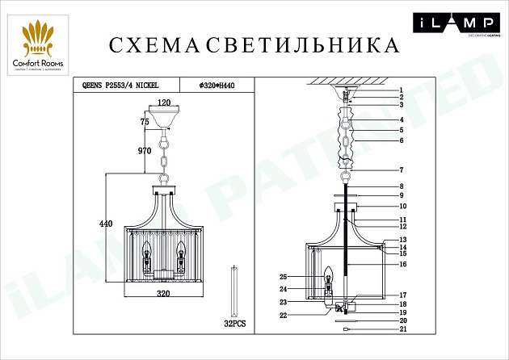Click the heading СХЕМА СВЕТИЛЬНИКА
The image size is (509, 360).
click(254, 44)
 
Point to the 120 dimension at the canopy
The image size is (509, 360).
click(165, 103)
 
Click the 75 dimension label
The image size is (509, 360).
click(145, 121)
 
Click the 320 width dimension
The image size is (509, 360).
click(164, 295)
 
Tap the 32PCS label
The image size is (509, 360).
click(233, 322)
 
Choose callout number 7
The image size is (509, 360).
click(400, 170)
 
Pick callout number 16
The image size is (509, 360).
click(402, 264)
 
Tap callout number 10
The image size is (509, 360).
click(402, 206)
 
